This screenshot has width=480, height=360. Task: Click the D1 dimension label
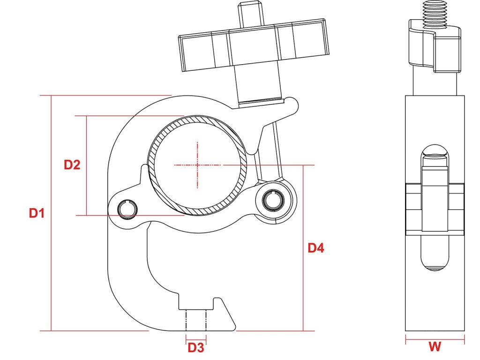pyautogui.click(x=37, y=213)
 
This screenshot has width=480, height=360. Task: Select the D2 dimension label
pyautogui.click(x=72, y=165)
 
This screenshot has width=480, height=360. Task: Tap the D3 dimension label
pyautogui.click(x=196, y=348)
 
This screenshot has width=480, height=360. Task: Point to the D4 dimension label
pyautogui.click(x=316, y=248)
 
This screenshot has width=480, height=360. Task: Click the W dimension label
pyautogui.click(x=435, y=347)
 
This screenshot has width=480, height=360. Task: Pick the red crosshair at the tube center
pyautogui.click(x=197, y=165)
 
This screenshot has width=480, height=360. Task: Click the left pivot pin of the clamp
pyautogui.click(x=127, y=209)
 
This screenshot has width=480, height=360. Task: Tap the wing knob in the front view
pyautogui.click(x=254, y=46)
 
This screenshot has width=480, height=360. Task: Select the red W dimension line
pyautogui.click(x=435, y=338)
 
